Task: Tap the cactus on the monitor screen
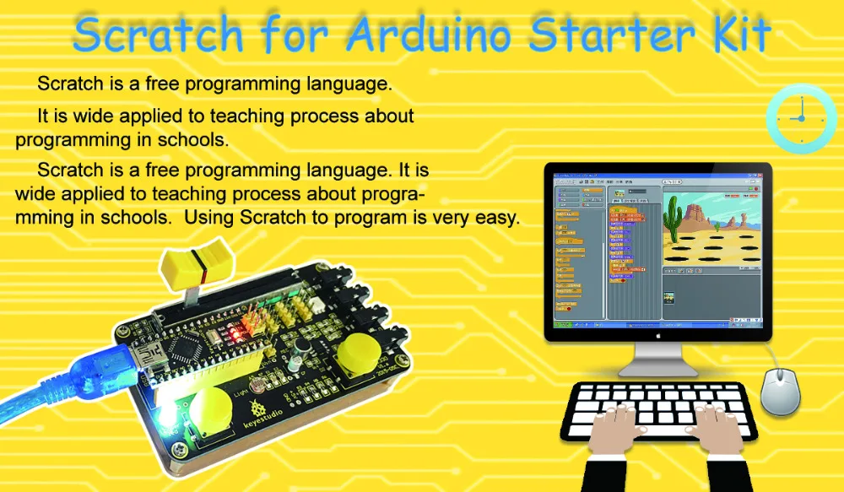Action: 674,216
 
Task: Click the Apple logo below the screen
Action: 657,333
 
